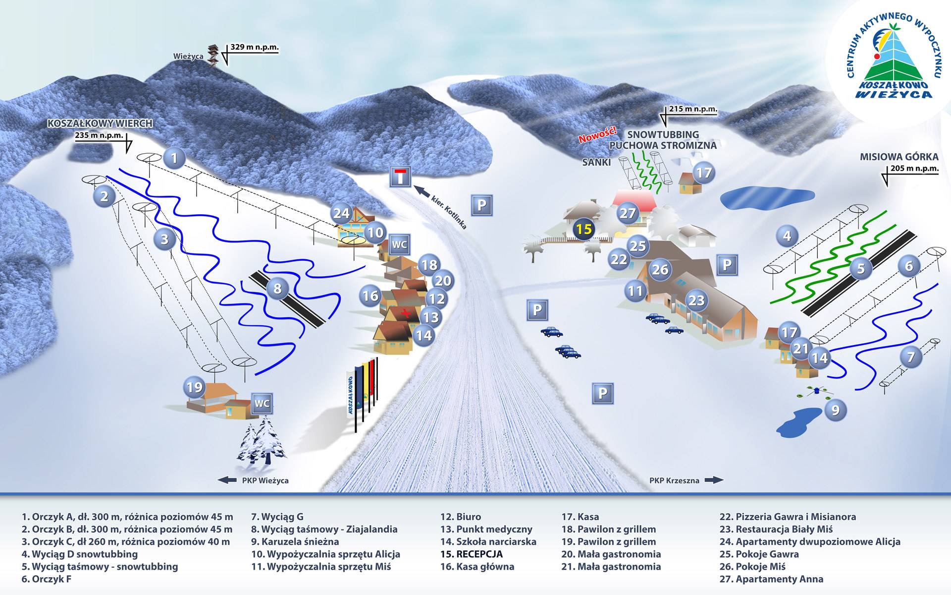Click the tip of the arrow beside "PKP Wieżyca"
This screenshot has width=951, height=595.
(x=218, y=480)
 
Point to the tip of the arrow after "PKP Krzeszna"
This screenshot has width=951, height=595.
(x=724, y=480)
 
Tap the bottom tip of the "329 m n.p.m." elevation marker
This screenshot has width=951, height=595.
(x=227, y=65)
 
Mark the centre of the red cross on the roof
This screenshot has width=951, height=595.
(x=406, y=313)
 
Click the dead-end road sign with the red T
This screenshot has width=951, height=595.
(x=400, y=177)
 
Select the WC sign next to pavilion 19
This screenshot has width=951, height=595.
(x=262, y=404)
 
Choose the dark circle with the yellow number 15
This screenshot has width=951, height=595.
(x=584, y=229)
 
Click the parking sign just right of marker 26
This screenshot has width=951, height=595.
(x=727, y=265)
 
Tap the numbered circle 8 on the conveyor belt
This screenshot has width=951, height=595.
(x=277, y=289)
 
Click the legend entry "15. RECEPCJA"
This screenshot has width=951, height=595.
(x=472, y=554)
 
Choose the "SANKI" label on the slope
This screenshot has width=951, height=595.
(x=596, y=162)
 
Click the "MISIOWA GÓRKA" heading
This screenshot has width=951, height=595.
(x=899, y=157)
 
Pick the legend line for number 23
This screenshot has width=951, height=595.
(x=776, y=529)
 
